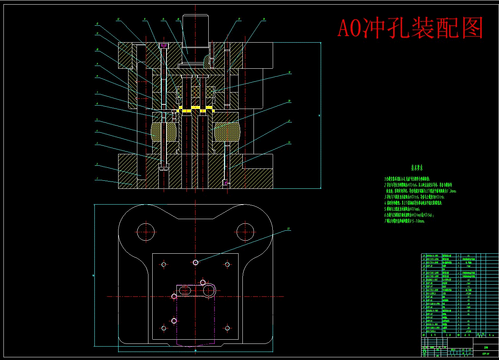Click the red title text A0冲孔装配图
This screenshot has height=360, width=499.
(410, 28)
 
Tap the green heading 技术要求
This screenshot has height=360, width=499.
(417, 168)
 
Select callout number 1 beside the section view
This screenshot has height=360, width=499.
(97, 178)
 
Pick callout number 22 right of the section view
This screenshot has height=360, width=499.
(289, 143)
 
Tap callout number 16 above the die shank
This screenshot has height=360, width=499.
(178, 19)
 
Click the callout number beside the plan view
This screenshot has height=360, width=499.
(288, 229)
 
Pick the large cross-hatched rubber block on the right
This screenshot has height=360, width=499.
(226, 132)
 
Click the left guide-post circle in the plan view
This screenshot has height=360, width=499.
(146, 232)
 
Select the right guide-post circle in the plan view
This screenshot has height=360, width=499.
(245, 232)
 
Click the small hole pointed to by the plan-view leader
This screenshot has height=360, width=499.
(196, 263)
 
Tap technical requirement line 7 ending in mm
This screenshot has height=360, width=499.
(405, 221)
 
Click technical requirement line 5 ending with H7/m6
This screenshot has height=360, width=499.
(402, 209)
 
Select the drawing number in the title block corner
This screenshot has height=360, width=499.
(486, 353)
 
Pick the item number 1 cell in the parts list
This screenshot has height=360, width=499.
(424, 331)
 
